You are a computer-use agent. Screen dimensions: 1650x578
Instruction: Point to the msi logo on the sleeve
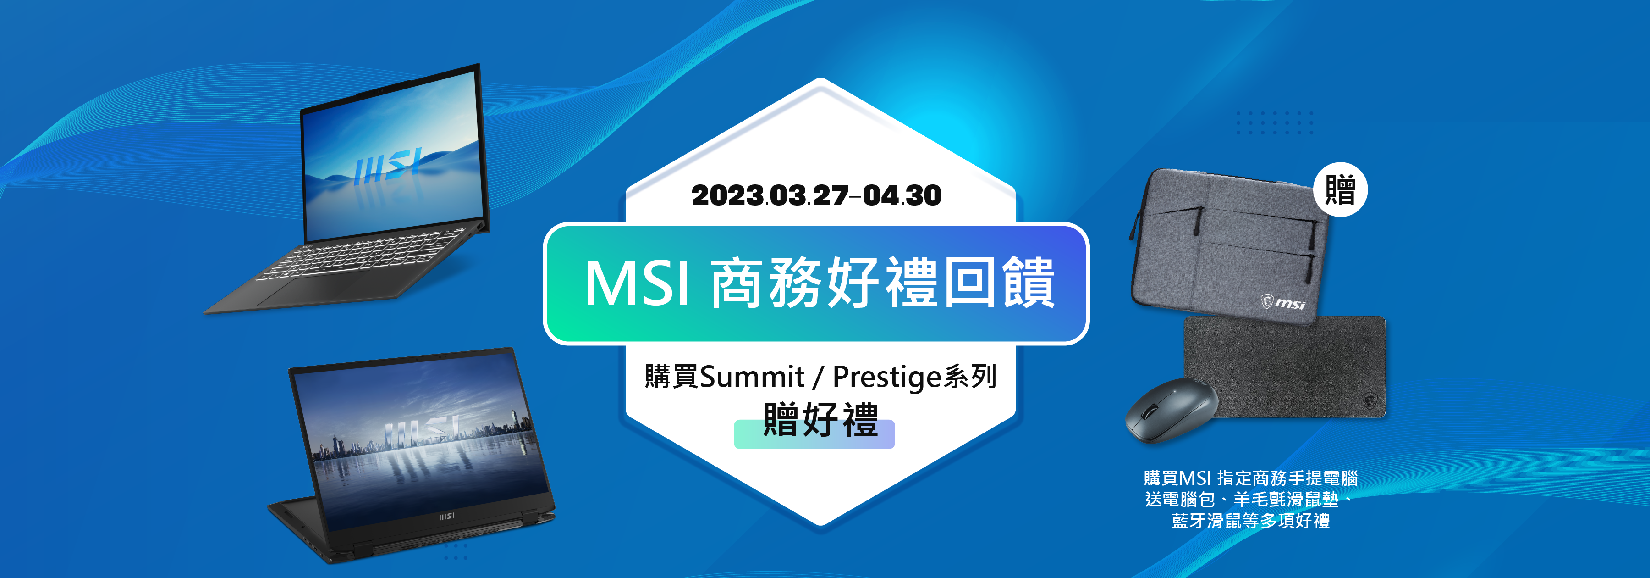click(1283, 302)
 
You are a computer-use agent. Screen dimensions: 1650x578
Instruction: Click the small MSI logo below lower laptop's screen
click(446, 516)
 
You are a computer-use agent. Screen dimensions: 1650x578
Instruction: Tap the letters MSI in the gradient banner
click(638, 283)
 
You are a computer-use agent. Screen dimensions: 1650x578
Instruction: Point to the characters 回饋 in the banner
click(999, 283)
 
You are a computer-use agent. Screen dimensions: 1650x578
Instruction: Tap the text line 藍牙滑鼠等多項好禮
click(1250, 520)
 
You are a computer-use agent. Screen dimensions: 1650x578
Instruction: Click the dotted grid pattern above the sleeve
click(1275, 122)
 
